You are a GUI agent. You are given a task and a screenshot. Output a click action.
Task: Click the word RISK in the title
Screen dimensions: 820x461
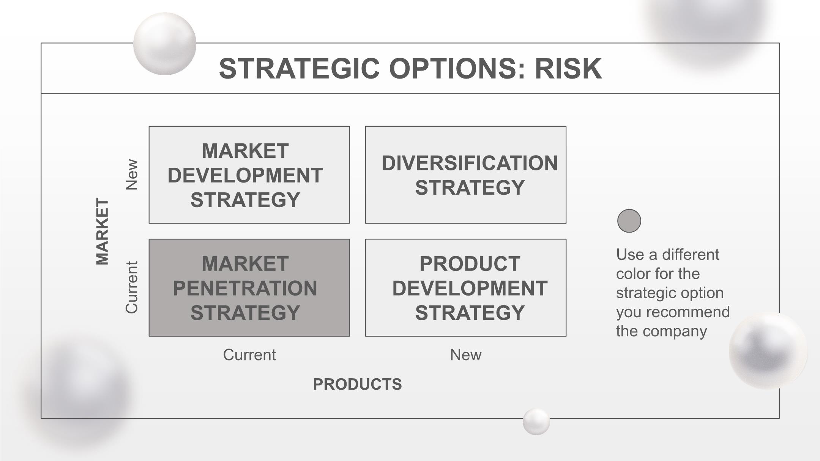coord(568,69)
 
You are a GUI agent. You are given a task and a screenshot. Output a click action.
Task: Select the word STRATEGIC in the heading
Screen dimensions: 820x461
coord(299,69)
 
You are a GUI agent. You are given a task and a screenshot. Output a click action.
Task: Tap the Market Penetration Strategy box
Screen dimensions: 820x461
coord(249,288)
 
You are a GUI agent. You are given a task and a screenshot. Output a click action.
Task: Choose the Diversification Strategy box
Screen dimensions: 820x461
coord(466,175)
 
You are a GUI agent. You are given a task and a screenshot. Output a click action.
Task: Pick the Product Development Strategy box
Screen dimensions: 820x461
coord(466,288)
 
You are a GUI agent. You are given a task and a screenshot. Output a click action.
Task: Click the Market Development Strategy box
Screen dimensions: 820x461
coord(249,175)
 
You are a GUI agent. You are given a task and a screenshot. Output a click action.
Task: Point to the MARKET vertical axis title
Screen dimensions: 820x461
coord(102,231)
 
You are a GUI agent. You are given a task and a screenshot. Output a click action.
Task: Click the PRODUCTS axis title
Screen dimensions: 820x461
coord(357,384)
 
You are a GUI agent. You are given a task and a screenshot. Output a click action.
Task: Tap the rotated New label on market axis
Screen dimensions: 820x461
coord(131,175)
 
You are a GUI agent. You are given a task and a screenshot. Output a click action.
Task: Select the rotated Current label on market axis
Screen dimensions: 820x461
coord(131,287)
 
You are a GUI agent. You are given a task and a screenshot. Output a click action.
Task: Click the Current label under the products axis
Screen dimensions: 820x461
coord(249,355)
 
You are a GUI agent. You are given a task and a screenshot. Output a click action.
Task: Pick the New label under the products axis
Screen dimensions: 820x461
coord(466,355)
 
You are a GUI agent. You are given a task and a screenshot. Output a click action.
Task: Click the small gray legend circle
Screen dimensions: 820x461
coord(629,221)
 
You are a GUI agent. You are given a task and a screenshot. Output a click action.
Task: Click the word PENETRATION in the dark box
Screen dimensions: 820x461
coord(245,288)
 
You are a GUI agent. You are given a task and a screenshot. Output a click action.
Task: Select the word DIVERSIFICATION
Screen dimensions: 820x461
coord(470,163)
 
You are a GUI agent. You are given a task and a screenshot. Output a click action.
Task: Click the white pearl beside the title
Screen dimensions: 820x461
coord(165,44)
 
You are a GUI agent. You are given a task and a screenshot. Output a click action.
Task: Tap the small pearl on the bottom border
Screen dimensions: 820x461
coord(536,422)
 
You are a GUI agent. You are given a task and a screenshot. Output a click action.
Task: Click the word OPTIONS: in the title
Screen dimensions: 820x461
coord(457,69)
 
